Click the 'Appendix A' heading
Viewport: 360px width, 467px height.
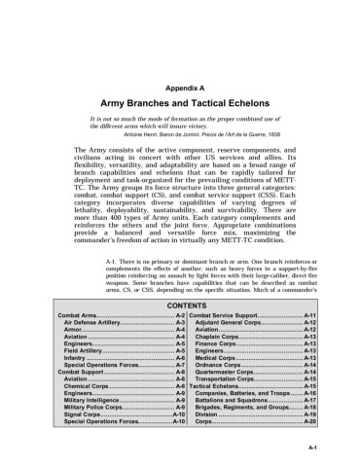[180, 88]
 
